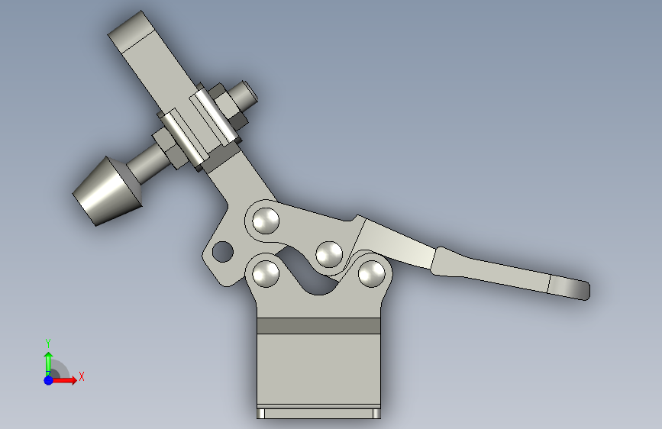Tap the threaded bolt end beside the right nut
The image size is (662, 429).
click(x=245, y=95)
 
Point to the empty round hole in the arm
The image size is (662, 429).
click(x=222, y=251)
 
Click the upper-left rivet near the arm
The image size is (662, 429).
click(x=266, y=221)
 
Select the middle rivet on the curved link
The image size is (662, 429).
click(x=329, y=254)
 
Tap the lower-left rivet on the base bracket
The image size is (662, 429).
click(x=266, y=273)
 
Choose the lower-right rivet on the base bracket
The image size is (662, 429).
click(x=372, y=273)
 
